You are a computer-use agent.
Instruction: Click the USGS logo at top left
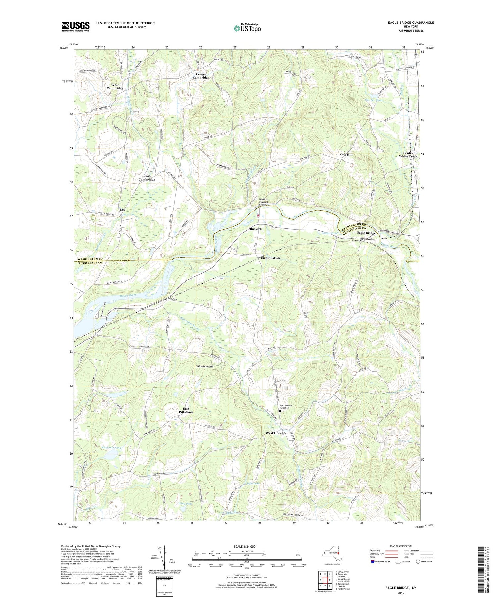pos(76,26)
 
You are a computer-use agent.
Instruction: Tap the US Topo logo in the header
pos(247,28)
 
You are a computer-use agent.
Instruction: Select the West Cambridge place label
pos(115,87)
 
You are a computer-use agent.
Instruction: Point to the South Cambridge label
pos(147,178)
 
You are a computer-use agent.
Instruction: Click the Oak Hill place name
pos(346,154)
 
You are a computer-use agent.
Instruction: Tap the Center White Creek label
pos(408,155)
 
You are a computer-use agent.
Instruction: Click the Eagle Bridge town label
pos(366,233)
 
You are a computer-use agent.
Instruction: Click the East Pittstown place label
pos(186,410)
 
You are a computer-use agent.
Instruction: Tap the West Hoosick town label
pos(276,433)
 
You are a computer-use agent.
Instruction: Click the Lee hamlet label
pos(122,209)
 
